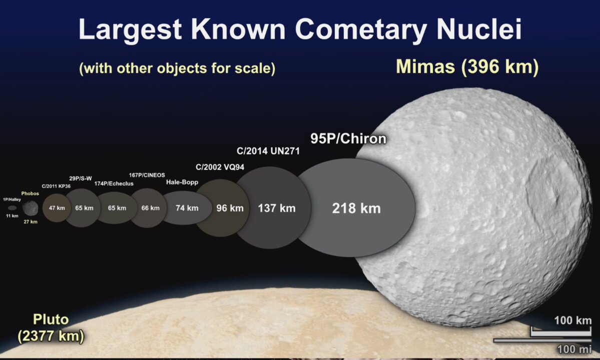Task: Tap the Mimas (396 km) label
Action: point(467,66)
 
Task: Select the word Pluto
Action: point(51,319)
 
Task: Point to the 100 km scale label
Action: point(573,320)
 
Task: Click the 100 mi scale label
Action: point(574,349)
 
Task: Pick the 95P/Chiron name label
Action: point(348,138)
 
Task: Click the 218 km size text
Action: point(356,208)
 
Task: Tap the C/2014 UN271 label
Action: point(268,151)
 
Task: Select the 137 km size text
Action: point(276,208)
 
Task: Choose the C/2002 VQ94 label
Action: point(220,167)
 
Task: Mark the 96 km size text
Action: point(230,208)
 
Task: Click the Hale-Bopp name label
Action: point(182,182)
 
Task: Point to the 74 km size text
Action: point(187,208)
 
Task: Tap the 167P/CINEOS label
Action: point(147,175)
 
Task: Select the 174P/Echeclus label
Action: point(114,183)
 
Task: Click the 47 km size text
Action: point(57,208)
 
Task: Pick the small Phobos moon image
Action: point(30,208)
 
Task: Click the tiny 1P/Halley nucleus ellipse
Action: point(12,208)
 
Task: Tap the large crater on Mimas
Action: point(547,191)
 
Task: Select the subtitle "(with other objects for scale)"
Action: point(177,68)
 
